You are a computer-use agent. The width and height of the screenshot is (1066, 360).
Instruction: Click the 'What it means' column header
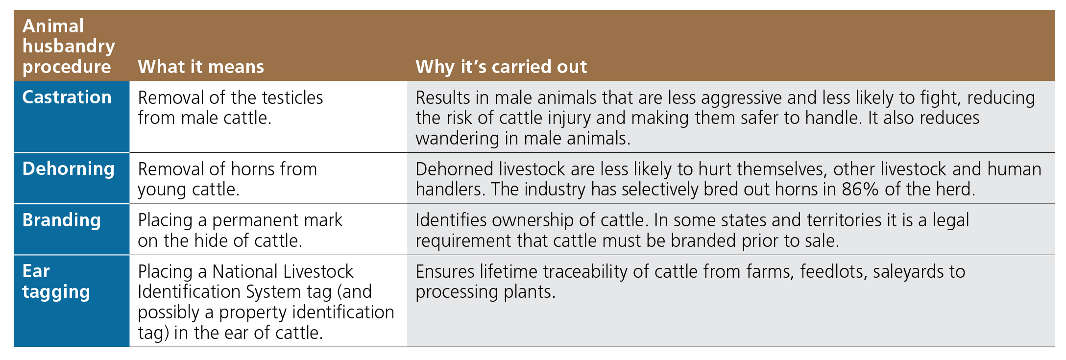pos(201,67)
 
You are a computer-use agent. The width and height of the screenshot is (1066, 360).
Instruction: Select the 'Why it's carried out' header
pos(501,67)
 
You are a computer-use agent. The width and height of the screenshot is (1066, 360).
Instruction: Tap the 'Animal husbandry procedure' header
pos(69,46)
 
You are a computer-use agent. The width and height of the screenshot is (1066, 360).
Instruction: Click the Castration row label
pos(67,97)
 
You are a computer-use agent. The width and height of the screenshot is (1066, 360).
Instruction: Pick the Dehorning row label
pos(69,169)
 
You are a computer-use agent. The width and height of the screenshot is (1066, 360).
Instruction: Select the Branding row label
pos(62,220)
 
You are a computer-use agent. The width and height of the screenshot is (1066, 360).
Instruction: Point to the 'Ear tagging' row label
pos(56,282)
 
